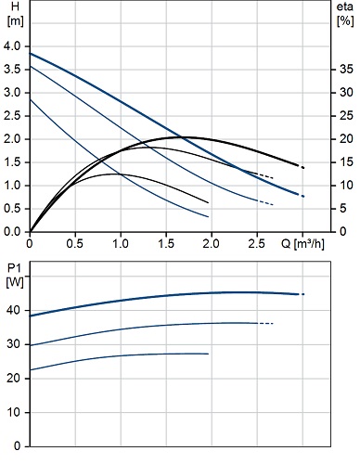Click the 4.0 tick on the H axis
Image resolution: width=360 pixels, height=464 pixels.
click(x=12, y=46)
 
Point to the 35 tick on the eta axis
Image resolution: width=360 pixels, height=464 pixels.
click(x=346, y=70)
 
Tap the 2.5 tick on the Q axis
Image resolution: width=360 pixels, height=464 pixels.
click(x=257, y=244)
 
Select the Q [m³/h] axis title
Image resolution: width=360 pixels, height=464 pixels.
click(x=302, y=244)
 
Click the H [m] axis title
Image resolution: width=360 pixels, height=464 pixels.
click(x=15, y=14)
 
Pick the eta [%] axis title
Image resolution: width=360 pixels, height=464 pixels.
click(x=345, y=14)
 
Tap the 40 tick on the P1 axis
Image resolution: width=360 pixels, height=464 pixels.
click(x=14, y=310)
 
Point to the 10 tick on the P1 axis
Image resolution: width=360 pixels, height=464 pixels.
click(x=14, y=412)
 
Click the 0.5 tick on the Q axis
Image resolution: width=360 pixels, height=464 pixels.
click(x=75, y=244)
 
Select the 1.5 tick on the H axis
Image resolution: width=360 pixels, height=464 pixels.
click(x=12, y=162)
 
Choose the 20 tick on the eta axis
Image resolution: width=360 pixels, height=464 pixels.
click(x=346, y=139)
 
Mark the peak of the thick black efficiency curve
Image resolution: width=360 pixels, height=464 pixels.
click(x=183, y=137)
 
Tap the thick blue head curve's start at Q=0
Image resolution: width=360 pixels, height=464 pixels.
click(x=30, y=54)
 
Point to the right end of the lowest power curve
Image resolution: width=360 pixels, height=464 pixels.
click(x=208, y=354)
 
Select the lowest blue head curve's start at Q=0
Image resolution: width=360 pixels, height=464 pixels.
click(x=30, y=99)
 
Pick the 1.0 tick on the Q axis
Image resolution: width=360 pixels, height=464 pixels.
click(x=121, y=244)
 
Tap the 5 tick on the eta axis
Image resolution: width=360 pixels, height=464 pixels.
click(x=343, y=209)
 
